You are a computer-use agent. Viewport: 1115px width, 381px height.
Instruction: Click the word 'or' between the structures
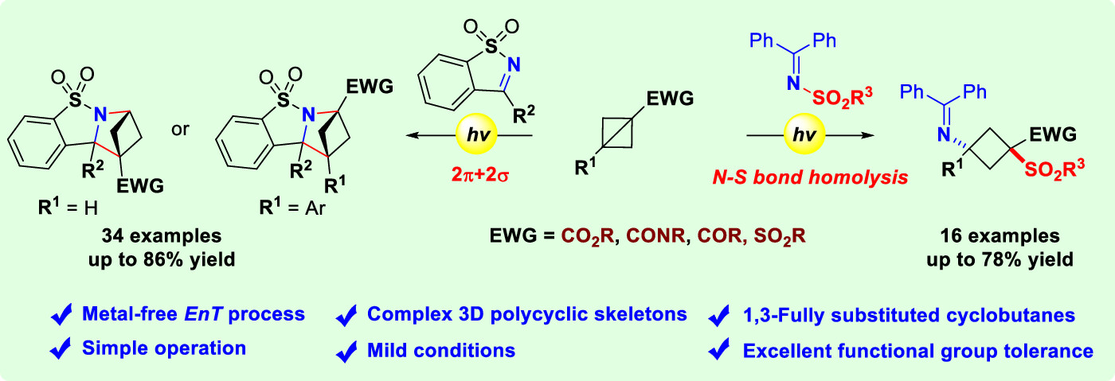click(181, 127)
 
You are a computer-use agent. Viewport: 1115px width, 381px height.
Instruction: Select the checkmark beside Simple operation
click(60, 348)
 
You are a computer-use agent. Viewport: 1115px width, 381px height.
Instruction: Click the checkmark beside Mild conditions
click(346, 349)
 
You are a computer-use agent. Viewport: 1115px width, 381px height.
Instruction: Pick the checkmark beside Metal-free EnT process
click(60, 315)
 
